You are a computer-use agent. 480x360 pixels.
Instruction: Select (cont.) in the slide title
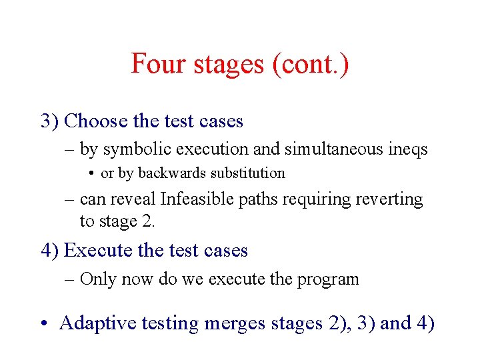310,64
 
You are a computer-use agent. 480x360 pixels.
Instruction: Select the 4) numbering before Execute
50,250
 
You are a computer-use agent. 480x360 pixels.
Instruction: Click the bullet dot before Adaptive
43,324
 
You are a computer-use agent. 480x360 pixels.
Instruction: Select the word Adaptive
93,323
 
